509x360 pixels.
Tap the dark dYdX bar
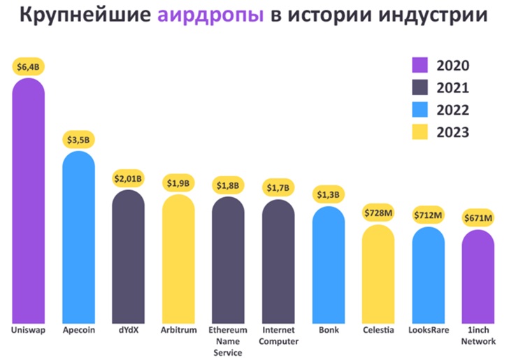click(x=129, y=256)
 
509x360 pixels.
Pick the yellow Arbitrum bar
click(x=178, y=258)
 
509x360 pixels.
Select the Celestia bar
click(x=378, y=273)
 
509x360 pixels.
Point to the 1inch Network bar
click(x=478, y=275)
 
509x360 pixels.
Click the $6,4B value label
click(x=28, y=67)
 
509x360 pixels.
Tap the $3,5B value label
click(x=78, y=140)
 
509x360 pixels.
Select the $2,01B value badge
click(x=129, y=179)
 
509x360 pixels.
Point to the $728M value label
click(x=378, y=213)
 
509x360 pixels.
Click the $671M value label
click(x=478, y=219)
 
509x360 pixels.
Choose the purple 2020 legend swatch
click(x=419, y=66)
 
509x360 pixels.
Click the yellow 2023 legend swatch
click(x=419, y=131)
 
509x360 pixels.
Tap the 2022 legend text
click(x=452, y=110)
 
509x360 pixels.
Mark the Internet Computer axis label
click(x=278, y=336)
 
